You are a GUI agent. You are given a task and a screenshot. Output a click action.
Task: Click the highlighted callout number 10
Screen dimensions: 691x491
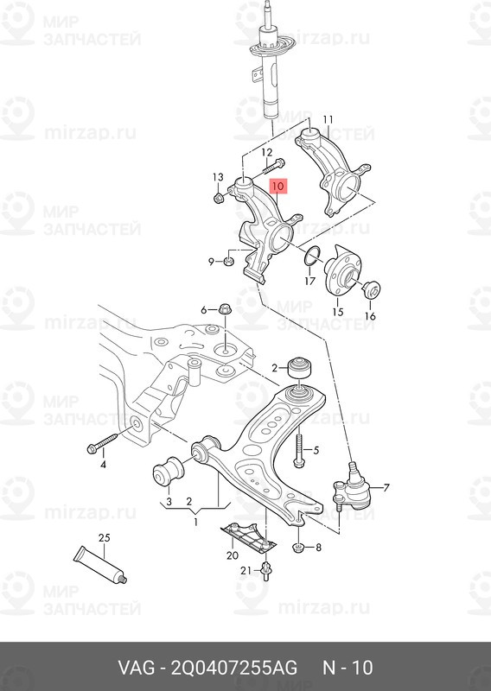tap(278, 186)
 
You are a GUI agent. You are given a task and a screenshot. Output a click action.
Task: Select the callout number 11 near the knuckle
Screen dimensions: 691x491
tap(328, 119)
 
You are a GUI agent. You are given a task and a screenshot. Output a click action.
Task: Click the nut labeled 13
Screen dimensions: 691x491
tap(218, 197)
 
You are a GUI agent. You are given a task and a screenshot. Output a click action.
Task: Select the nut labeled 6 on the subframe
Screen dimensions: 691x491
tap(223, 310)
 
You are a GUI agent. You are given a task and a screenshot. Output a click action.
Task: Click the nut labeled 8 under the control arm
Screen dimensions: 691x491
tap(298, 546)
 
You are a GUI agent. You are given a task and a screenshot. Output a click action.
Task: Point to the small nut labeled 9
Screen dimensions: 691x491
tap(229, 259)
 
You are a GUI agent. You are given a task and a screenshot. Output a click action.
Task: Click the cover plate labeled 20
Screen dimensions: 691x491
tap(247, 536)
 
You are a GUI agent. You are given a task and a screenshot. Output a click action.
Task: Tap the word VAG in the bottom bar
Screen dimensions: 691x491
tap(136, 669)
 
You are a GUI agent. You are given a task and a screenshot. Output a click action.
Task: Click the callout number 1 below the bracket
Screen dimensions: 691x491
tap(195, 523)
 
